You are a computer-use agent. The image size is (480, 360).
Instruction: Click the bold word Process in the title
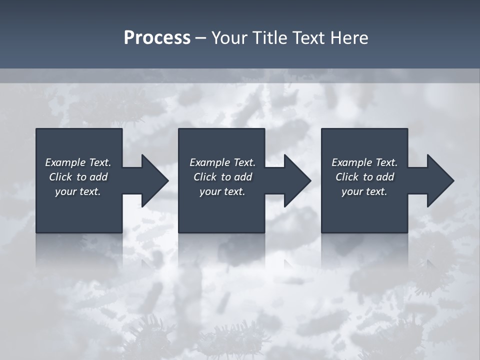point(157,38)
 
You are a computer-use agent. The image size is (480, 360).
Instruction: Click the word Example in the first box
point(64,162)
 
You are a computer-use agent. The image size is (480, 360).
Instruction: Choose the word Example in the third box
point(351,162)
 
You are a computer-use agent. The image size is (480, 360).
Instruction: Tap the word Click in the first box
point(60,177)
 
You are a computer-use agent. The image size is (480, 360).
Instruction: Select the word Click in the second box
point(205,177)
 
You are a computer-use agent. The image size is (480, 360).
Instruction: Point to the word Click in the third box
point(347,177)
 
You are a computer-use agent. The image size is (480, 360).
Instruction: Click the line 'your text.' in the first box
point(78,191)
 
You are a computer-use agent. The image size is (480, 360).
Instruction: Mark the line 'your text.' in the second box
point(222,191)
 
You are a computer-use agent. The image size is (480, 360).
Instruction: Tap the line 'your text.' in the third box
point(364,191)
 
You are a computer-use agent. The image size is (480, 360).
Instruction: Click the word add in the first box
point(98,177)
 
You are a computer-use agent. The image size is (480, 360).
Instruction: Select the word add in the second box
point(243,177)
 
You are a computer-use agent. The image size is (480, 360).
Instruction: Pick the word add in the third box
point(385,177)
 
